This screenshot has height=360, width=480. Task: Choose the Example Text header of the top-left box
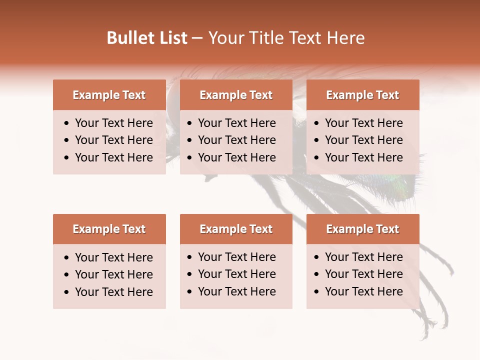point(109,95)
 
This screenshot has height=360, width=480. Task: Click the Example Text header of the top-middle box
point(236,95)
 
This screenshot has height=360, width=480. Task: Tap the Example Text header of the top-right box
point(362,95)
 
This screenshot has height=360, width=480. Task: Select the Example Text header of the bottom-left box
point(109,229)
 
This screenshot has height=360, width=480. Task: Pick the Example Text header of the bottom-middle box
point(236,229)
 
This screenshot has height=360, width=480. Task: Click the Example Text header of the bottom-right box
point(362,229)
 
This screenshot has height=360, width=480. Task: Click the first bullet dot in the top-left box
point(67,123)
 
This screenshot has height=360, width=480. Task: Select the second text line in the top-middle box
point(236,140)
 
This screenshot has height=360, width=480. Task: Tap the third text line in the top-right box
point(363,157)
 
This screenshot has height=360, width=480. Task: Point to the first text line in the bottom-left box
point(113,257)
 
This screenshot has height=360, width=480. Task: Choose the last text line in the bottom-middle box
point(236,291)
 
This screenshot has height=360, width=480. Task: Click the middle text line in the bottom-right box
point(363,274)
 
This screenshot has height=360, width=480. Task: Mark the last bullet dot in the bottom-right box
point(316,292)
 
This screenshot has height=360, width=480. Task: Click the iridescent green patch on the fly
point(406,184)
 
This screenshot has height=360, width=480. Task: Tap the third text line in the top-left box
point(113,157)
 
